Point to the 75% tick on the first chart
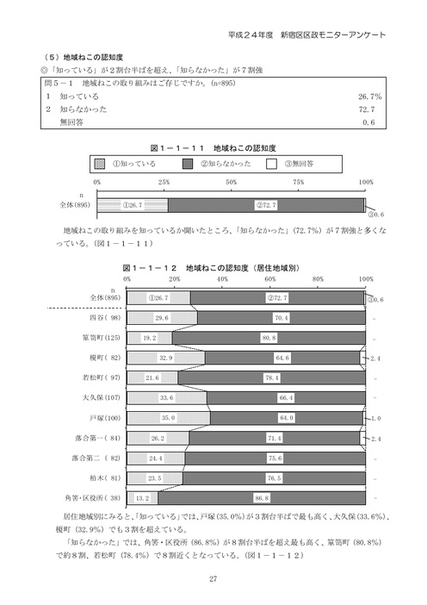(299, 183)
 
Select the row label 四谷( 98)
(92, 318)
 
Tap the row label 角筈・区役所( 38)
(84, 497)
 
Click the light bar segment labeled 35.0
(168, 417)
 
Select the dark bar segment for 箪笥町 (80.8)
(269, 338)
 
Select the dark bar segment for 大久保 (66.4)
(286, 397)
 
